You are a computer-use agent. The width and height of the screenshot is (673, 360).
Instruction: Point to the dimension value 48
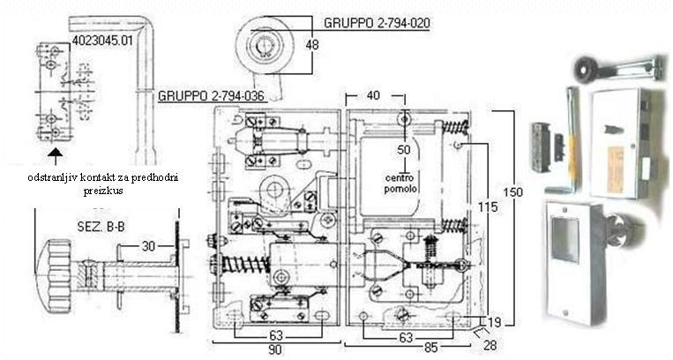coord(313,44)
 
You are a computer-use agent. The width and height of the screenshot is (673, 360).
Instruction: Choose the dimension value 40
coord(373,94)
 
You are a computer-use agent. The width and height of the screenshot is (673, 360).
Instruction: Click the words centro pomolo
coord(402,183)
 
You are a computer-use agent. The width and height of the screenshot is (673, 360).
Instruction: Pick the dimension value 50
coord(404,150)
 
